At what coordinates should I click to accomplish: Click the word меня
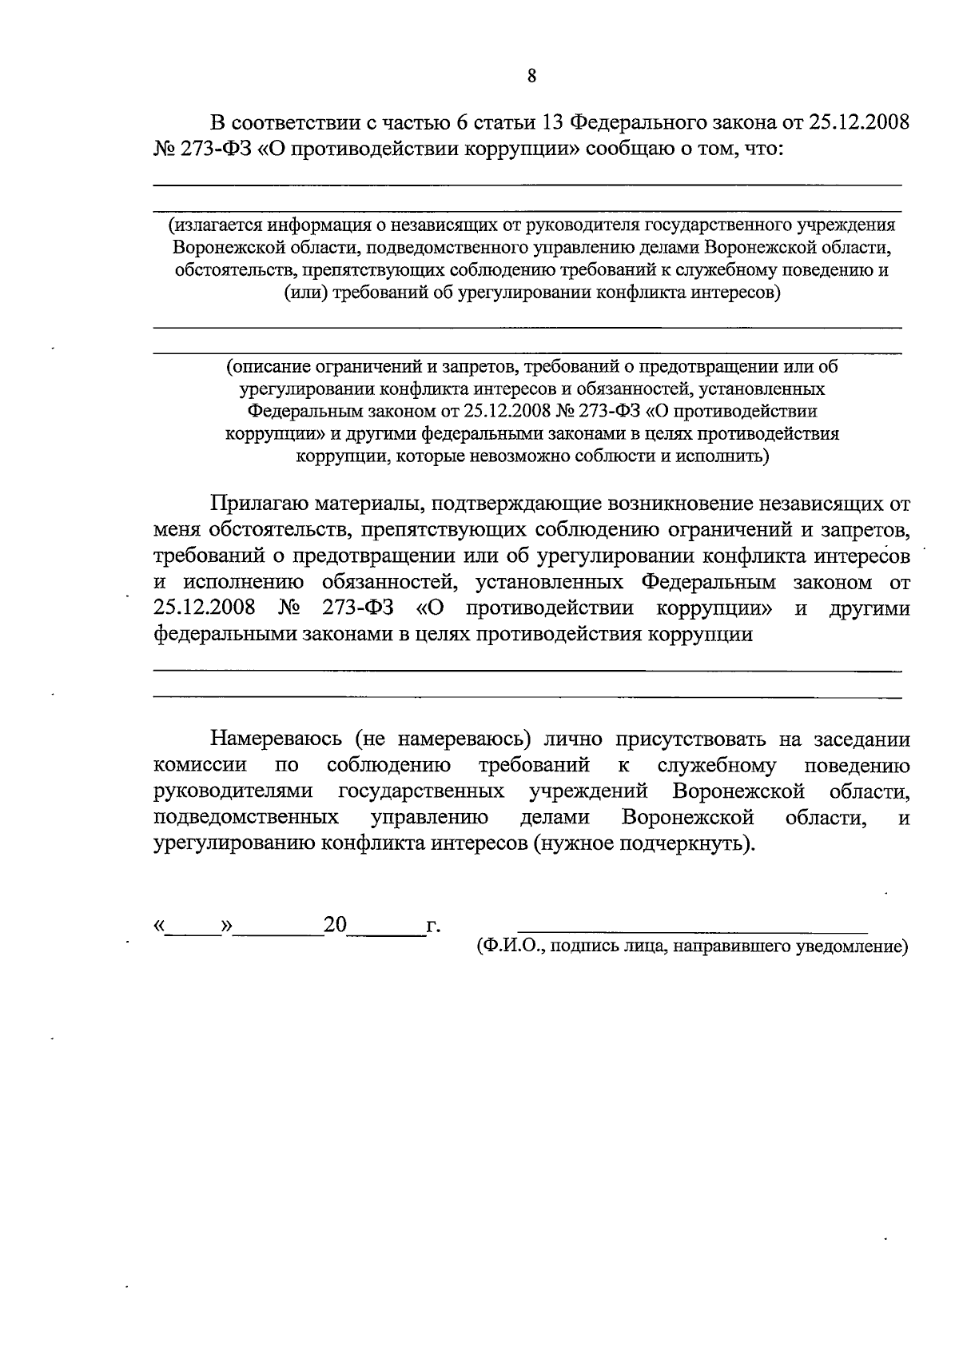click(177, 531)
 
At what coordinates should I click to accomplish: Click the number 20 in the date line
click(335, 925)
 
